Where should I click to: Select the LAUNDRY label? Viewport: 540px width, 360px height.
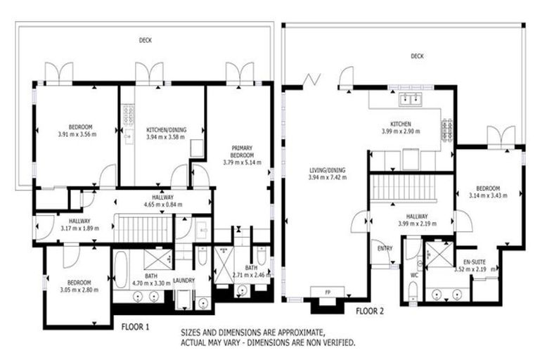[x=184, y=280]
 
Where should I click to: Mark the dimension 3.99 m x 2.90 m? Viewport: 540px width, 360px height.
[x=400, y=131]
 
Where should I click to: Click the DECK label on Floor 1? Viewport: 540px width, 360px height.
[x=145, y=40]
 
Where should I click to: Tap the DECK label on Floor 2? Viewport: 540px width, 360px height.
[x=418, y=56]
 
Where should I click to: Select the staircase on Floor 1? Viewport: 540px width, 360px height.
[x=143, y=229]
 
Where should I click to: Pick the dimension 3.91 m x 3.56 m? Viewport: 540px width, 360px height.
[x=77, y=133]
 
